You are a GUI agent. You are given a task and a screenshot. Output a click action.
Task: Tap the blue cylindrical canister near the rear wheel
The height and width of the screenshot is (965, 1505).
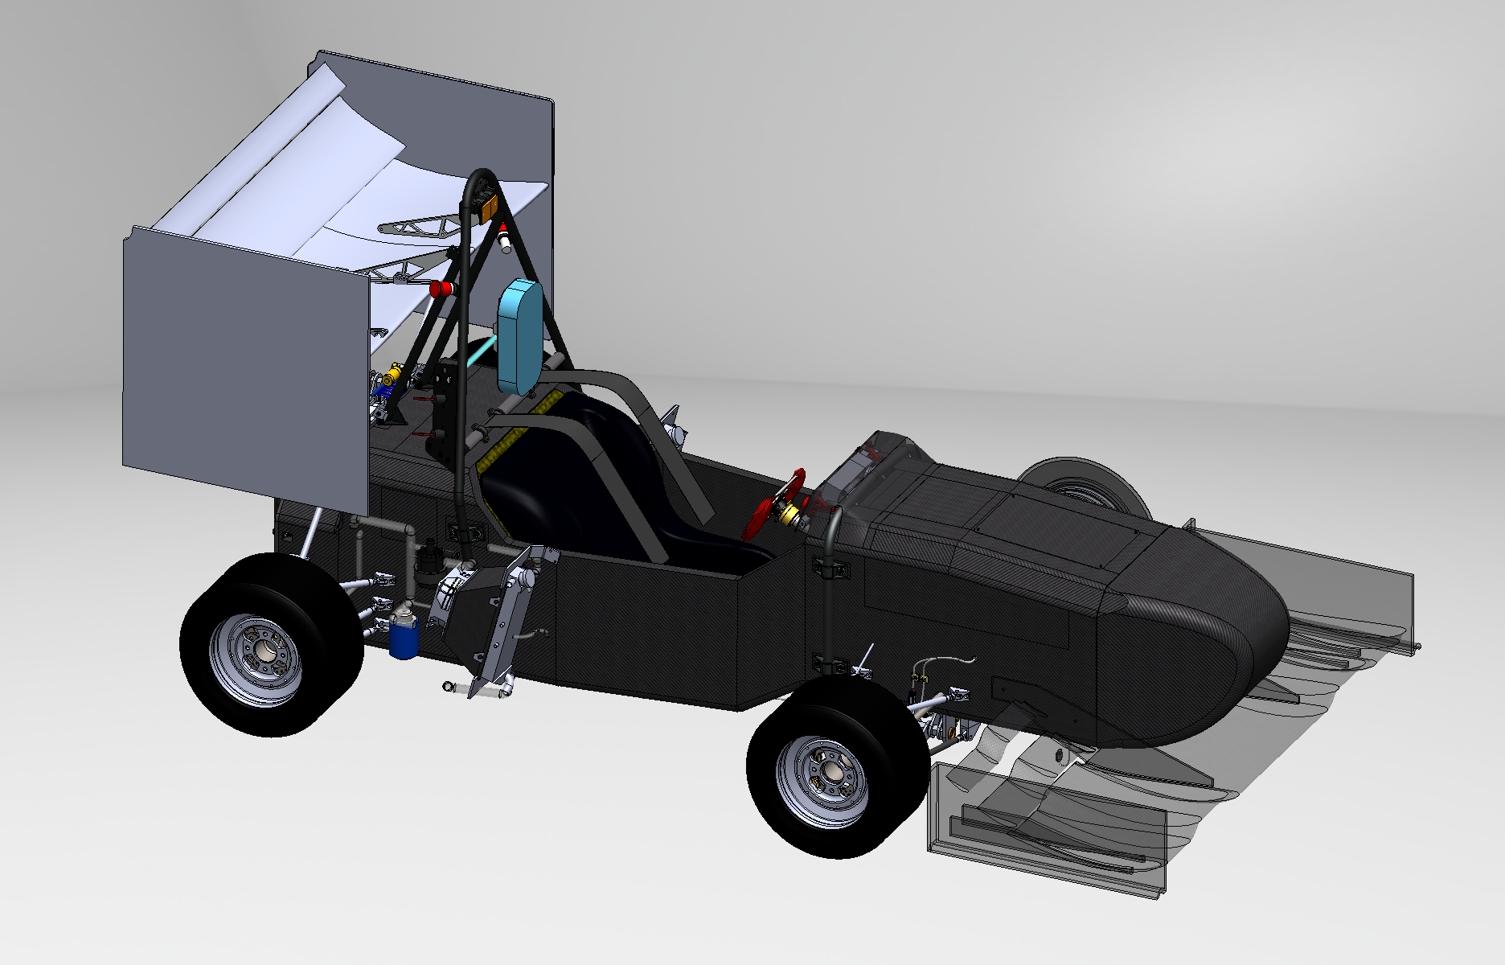[x=404, y=634]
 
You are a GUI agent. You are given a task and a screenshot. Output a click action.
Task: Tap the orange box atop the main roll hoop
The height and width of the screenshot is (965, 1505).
[x=488, y=208]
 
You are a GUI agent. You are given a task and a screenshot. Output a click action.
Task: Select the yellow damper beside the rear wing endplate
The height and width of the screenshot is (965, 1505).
[x=394, y=375]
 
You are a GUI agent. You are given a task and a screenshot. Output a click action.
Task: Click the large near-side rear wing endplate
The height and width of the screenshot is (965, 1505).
[x=241, y=370]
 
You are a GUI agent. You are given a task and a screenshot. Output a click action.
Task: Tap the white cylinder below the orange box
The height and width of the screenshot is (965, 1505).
[x=505, y=240]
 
